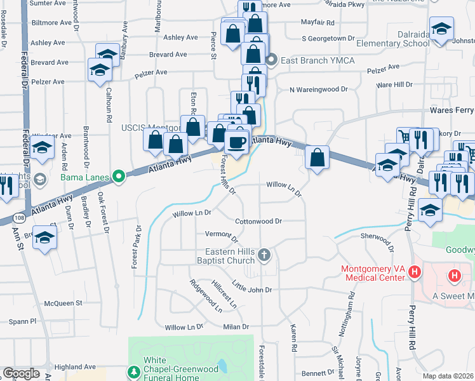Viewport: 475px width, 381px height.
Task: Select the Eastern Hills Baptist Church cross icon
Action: pyautogui.click(x=264, y=255)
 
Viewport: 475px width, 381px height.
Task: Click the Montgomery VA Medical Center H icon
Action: pyautogui.click(x=415, y=273)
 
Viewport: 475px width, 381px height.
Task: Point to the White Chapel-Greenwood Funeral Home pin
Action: pyautogui.click(x=133, y=371)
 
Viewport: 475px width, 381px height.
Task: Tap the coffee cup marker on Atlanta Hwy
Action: pyautogui.click(x=237, y=142)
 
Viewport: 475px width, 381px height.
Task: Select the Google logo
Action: pyautogui.click(x=21, y=373)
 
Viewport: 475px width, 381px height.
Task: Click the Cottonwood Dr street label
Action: pyautogui.click(x=258, y=222)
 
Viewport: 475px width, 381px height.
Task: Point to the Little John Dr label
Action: pyautogui.click(x=251, y=286)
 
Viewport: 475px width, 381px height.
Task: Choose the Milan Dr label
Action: pyautogui.click(x=236, y=326)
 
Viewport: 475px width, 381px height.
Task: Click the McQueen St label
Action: pyautogui.click(x=64, y=303)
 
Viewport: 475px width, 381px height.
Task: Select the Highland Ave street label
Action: pyautogui.click(x=75, y=367)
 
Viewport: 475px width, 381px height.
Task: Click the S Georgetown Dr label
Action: pyautogui.click(x=328, y=39)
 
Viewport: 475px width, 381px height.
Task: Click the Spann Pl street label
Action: pyautogui.click(x=23, y=322)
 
